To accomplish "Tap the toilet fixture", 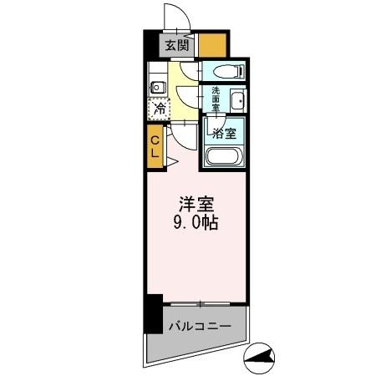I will (223, 72).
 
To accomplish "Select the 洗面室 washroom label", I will (216, 99).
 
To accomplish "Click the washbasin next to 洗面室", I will (237, 101).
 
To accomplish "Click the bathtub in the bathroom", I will (223, 156).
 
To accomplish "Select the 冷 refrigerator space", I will (157, 109).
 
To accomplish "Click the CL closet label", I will (155, 148).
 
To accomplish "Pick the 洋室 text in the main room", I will (197, 203).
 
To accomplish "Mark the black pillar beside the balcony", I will (152, 313).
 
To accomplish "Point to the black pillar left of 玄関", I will (151, 44).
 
